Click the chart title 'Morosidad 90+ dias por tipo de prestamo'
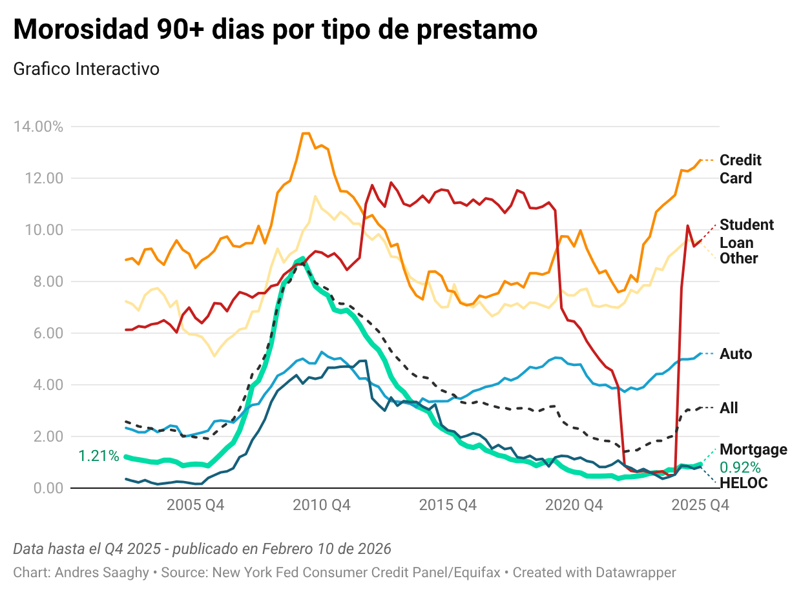point(275,30)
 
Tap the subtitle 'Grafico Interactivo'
point(86,68)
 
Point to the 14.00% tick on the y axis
point(38,127)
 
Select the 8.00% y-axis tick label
point(41,282)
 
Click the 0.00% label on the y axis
point(41,488)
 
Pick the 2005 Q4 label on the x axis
point(195,506)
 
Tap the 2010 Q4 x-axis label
point(322,506)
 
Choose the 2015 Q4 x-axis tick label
point(448,506)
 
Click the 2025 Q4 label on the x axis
point(700,506)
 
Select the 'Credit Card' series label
point(740,169)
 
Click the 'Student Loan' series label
point(746,233)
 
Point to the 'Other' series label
point(738,258)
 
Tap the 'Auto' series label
point(736,354)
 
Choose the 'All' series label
point(729,408)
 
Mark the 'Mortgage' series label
point(753,449)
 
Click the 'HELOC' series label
point(744,483)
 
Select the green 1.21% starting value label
point(99,456)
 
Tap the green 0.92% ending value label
point(740,467)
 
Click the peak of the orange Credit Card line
point(306,133)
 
